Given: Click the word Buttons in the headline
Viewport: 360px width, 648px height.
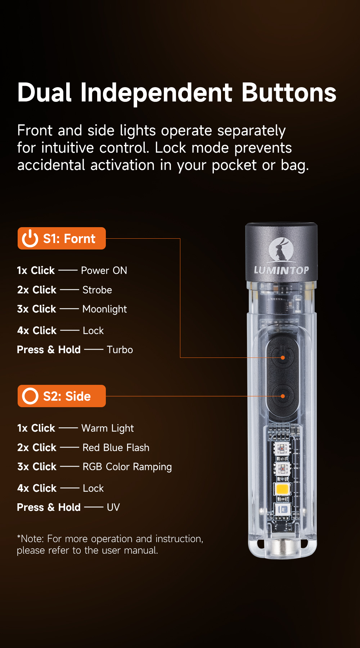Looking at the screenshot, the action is pos(289,93).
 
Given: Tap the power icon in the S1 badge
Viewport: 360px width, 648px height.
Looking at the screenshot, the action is pos(30,238).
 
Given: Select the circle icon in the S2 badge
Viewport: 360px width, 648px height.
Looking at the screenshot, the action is pos(30,396).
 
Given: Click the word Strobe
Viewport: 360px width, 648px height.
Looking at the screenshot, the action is pos(97,290).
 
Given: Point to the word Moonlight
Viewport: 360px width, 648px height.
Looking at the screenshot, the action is pos(104,309).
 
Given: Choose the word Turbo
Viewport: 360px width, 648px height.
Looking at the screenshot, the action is pos(120,350).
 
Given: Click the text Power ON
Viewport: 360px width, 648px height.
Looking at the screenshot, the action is pos(104,270).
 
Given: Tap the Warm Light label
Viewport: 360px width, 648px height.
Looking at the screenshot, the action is pos(108,428).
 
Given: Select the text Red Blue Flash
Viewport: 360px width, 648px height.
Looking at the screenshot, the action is pos(116,447).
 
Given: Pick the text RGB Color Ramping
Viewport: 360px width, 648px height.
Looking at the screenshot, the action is pos(127,467).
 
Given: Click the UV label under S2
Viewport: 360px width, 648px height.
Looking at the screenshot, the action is pos(113,507).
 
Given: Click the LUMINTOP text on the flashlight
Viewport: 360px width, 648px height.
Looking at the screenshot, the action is pos(281,270).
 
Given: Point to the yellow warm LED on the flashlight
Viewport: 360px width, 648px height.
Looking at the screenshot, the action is pos(282,489).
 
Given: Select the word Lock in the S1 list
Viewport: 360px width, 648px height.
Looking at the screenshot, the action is pos(93,330).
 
